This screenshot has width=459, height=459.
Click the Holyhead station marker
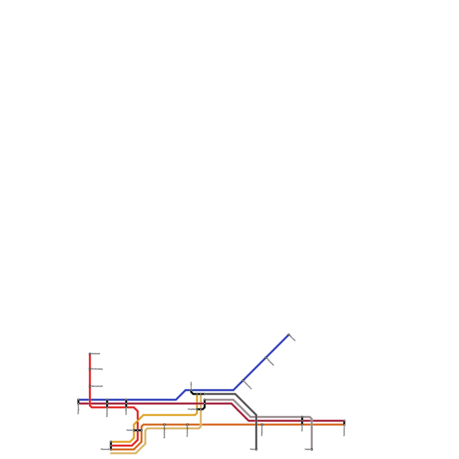90,354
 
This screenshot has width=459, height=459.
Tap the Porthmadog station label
97,369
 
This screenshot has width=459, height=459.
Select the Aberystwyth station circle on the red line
90,386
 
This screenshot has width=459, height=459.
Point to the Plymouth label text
105,449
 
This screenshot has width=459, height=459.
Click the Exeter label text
129,430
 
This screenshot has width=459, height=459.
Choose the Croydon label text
191,409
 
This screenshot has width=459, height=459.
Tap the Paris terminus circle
256,450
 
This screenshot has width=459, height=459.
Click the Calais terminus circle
312,450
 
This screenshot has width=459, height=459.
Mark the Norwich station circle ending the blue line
289,334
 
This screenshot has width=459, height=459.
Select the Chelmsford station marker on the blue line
243,380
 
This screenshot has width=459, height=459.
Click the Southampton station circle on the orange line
164,425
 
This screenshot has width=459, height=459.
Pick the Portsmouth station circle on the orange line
187,425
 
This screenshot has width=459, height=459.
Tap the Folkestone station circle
262,425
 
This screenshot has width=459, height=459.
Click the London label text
191,385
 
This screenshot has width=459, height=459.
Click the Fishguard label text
78,410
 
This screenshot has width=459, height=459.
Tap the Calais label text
307,449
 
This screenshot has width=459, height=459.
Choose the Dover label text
302,429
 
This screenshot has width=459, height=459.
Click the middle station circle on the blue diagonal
266,357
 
